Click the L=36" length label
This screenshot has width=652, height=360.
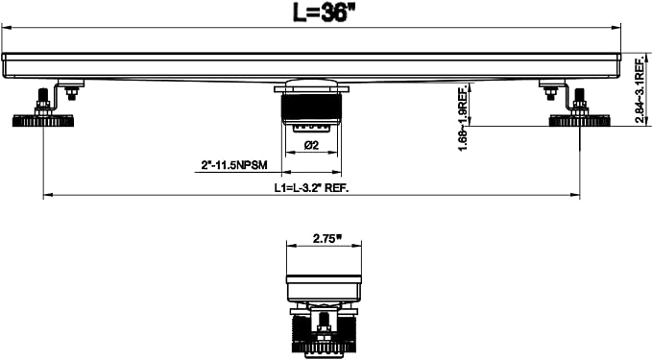point(320,12)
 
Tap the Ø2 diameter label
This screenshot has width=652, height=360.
point(311,145)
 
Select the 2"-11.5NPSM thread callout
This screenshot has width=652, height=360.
point(234,165)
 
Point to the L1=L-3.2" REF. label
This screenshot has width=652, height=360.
point(311,187)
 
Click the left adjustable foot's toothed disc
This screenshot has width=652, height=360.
point(43,121)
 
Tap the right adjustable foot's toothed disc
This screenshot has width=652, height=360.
point(579,121)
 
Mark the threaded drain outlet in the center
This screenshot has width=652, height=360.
point(311,108)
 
